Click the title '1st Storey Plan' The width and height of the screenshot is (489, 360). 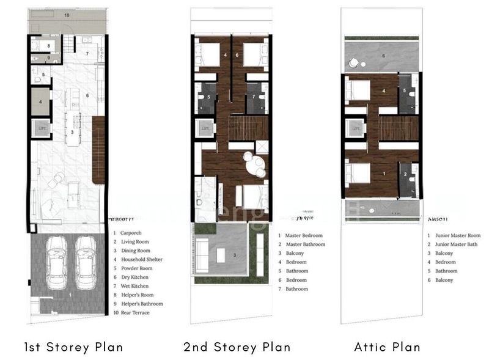pyautogui.click(x=73, y=347)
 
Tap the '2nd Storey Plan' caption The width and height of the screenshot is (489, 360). pyautogui.click(x=237, y=347)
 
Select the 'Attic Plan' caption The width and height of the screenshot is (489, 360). pyautogui.click(x=387, y=347)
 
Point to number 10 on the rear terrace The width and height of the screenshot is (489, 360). pyautogui.click(x=67, y=13)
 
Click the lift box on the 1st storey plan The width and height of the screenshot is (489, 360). pyautogui.click(x=42, y=129)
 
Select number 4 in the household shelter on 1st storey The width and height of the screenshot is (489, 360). pyautogui.click(x=40, y=101)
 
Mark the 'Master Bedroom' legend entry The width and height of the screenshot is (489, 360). pyautogui.click(x=304, y=235)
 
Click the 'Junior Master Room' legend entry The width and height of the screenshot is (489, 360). pyautogui.click(x=457, y=235)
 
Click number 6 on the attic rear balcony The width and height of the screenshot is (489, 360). pyautogui.click(x=383, y=56)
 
